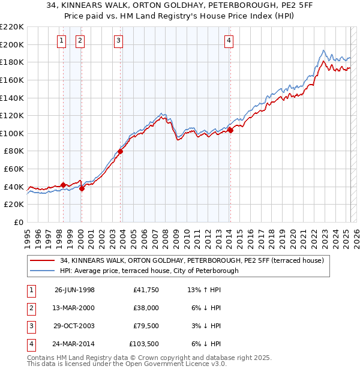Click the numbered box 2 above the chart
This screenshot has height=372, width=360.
tap(80, 41)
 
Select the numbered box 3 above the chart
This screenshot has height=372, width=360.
tap(119, 41)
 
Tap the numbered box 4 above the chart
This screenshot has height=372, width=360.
tap(229, 41)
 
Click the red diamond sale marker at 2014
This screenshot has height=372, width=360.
tap(230, 130)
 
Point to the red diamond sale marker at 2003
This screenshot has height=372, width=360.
tap(120, 152)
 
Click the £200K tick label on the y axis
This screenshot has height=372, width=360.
tap(12, 44)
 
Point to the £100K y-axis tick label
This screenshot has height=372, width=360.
tap(12, 133)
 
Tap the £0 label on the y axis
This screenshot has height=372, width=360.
tap(18, 223)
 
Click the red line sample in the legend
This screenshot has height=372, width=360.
tap(44, 261)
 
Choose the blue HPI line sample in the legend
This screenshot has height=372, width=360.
tap(44, 271)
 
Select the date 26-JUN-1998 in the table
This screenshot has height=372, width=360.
tap(74, 290)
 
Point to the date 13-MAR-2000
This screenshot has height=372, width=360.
tap(74, 308)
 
